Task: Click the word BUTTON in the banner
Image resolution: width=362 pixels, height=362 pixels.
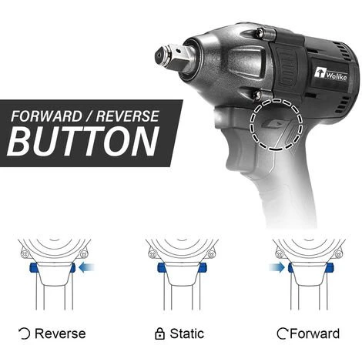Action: pos(82,141)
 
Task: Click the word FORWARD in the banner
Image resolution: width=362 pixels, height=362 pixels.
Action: pos(46,116)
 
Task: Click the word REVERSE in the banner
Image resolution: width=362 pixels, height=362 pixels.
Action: pos(128,116)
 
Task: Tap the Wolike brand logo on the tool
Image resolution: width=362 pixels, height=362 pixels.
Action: pos(330,74)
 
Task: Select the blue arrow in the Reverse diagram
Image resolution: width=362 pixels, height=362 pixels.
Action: pos(86,267)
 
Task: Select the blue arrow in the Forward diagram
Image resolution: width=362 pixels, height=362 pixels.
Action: pos(277,267)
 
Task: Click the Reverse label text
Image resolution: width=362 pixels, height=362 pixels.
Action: pos(60,334)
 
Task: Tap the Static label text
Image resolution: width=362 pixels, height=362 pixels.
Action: pos(187,334)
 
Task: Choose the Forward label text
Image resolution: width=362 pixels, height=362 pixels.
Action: pos(314,334)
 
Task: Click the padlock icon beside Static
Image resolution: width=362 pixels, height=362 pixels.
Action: pos(159,334)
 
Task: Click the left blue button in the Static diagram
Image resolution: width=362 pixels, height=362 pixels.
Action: pos(161,268)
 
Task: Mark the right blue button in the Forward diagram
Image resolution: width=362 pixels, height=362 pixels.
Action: pos(330,268)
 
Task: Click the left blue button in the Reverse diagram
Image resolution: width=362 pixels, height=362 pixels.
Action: pos(34,268)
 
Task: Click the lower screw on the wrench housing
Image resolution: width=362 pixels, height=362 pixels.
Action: pos(257,95)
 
